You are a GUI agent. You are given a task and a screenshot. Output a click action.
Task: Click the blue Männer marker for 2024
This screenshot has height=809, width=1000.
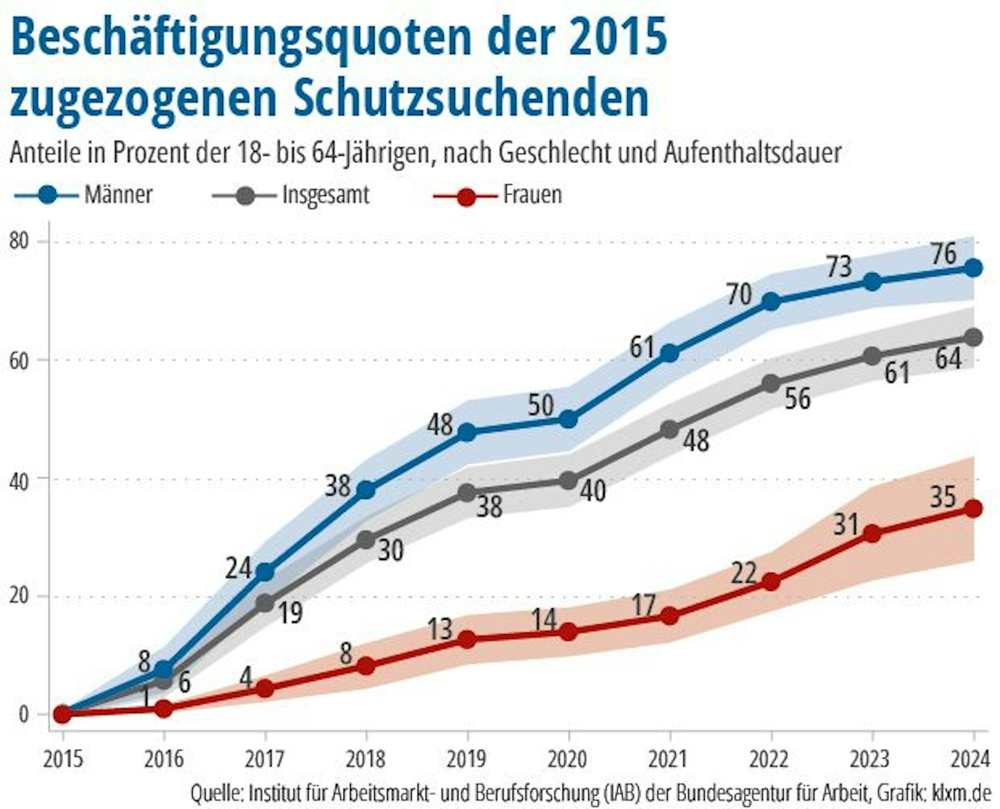973,268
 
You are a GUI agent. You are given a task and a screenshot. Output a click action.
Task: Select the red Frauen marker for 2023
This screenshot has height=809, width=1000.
872,534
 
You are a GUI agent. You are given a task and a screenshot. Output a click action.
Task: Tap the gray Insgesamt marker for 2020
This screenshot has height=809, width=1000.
568,481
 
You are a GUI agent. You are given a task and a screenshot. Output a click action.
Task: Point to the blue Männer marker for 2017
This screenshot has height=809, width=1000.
265,572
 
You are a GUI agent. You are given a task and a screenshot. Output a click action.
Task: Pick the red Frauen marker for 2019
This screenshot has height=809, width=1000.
467,639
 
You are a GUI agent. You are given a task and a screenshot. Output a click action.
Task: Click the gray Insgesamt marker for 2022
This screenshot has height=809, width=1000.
771,384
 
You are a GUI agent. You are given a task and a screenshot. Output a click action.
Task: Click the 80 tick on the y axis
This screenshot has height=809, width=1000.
21,241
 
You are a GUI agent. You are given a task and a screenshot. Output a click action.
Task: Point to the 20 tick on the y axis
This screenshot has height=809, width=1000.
21,596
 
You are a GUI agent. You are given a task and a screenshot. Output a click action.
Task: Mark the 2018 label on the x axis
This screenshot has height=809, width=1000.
366,760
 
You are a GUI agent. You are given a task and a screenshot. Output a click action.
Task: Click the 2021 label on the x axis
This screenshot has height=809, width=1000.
669,760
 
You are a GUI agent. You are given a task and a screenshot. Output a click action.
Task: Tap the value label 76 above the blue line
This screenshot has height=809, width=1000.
943,253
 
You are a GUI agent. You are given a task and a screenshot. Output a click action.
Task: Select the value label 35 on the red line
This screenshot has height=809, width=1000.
942,497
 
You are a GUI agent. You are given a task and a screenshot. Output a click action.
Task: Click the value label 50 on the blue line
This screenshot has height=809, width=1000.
541,405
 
